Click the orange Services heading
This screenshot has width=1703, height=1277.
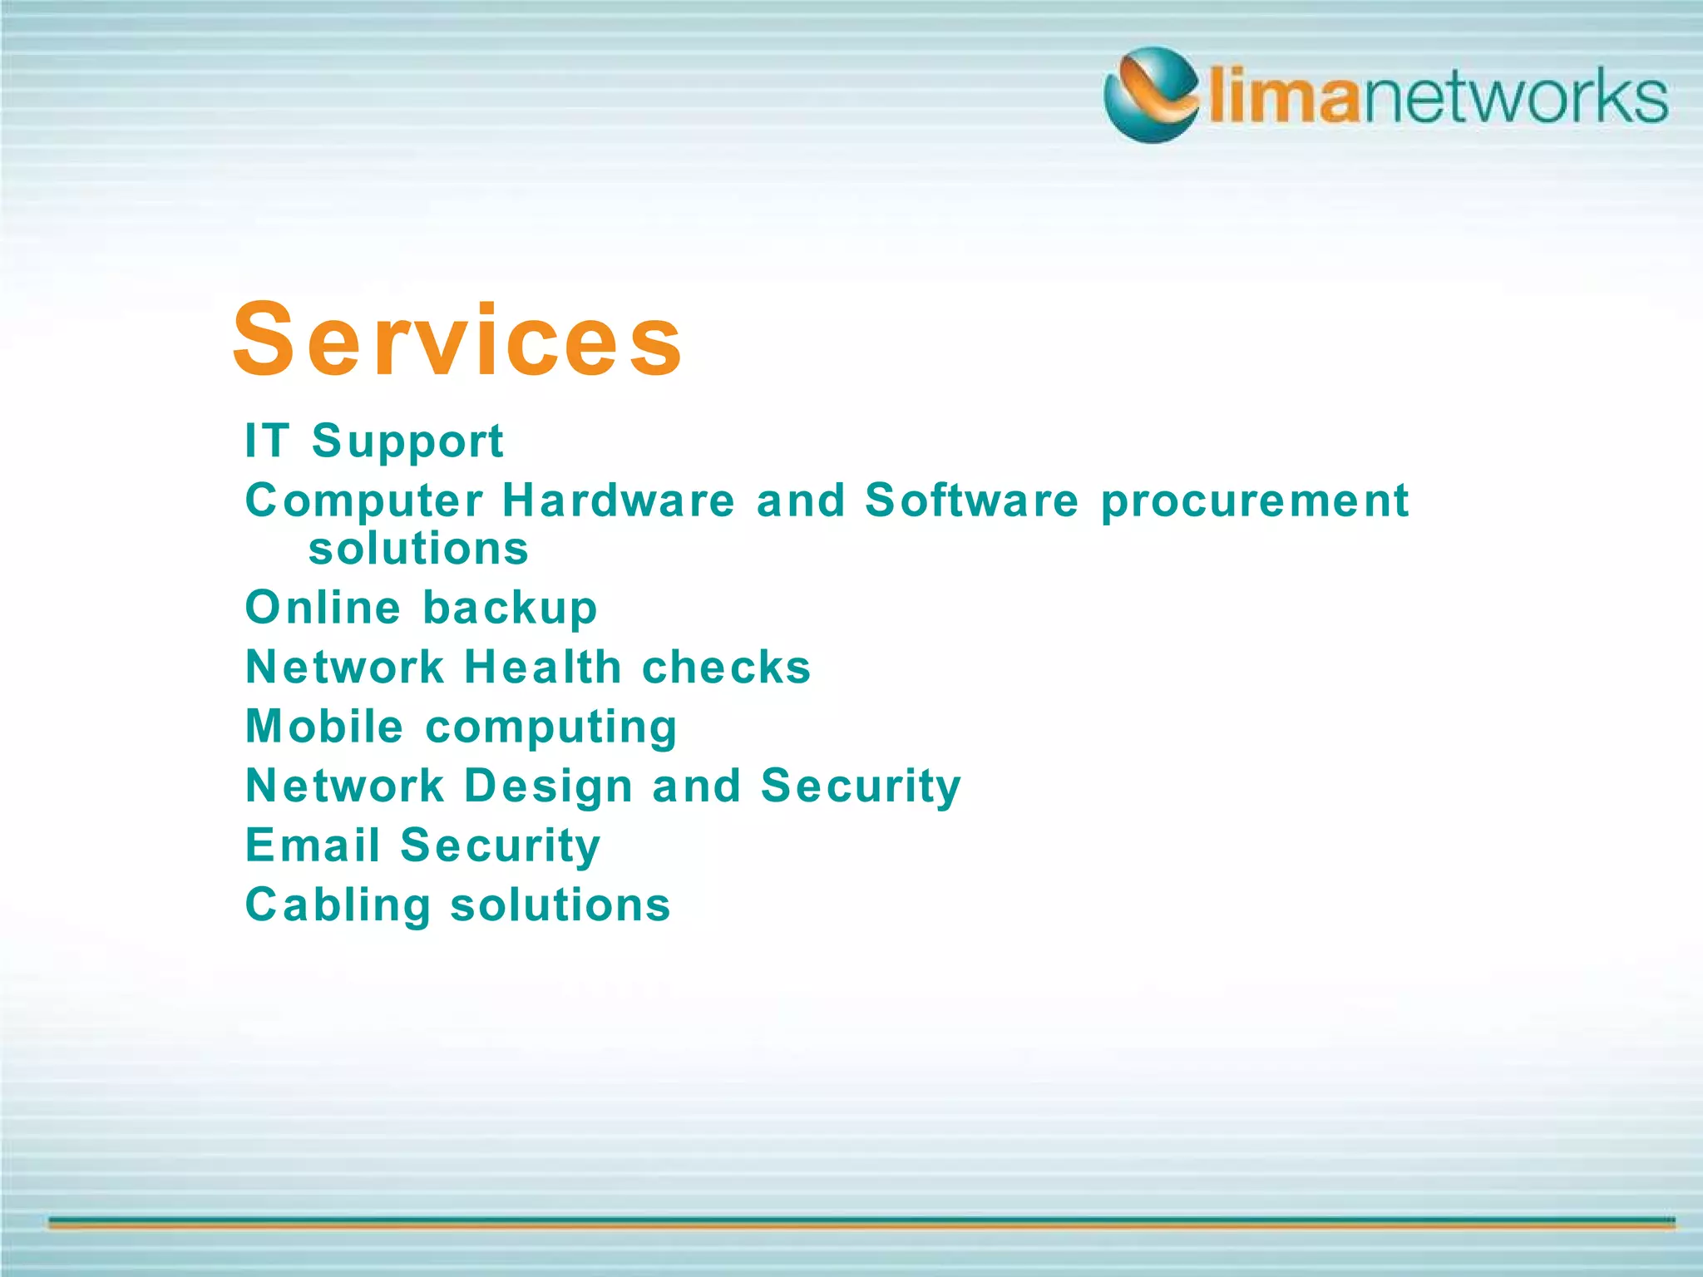pos(457,340)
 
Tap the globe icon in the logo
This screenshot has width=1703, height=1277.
pos(1152,95)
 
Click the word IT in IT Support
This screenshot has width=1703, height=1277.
pos(267,440)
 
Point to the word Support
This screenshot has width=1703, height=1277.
pos(407,441)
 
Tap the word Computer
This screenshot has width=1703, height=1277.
pos(363,501)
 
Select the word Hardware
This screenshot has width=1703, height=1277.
pos(619,500)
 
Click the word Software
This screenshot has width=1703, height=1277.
pos(971,500)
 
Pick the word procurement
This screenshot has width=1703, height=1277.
pos(1255,502)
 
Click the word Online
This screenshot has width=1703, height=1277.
pos(323,607)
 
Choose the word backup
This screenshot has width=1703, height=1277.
pos(511,609)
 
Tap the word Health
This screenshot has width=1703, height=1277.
pos(542,667)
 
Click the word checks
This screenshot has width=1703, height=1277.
pos(726,667)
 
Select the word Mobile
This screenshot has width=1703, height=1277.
pos(324,726)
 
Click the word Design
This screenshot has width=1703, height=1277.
pos(549,786)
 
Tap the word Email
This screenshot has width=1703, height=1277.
pos(313,846)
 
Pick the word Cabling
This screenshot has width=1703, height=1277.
pos(338,905)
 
